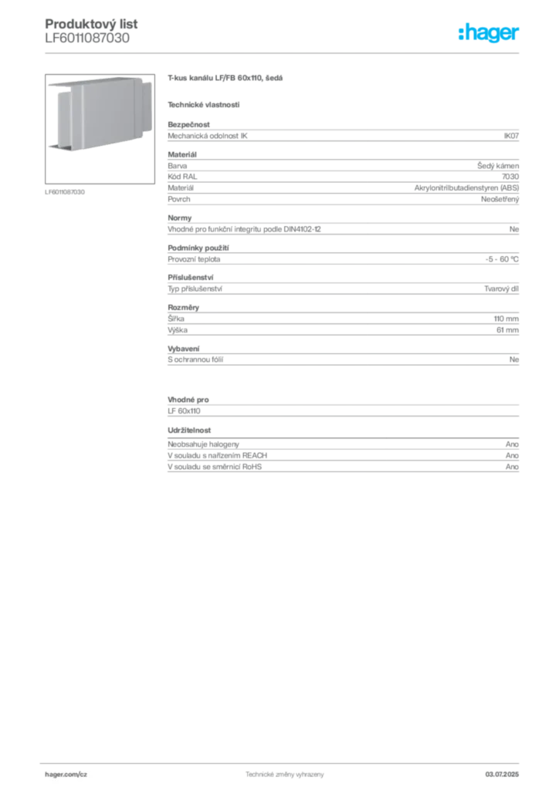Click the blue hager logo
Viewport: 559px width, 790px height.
click(x=490, y=34)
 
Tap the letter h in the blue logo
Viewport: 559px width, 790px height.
click(x=463, y=33)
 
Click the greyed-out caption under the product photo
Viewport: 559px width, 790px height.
click(x=65, y=191)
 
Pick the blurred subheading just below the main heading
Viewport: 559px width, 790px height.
click(x=204, y=103)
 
